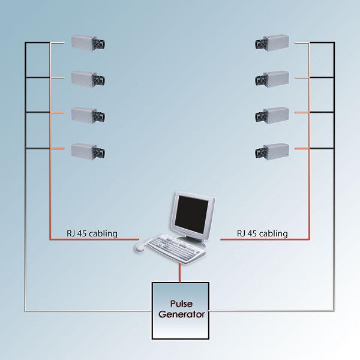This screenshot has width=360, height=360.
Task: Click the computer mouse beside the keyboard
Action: [140, 247]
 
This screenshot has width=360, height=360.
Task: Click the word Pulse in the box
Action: [180, 304]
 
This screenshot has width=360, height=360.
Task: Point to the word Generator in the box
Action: [180, 314]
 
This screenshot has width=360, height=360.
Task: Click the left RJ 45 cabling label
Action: [92, 233]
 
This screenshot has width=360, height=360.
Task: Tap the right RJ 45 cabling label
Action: [262, 233]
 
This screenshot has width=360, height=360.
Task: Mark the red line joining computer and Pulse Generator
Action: [180, 272]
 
